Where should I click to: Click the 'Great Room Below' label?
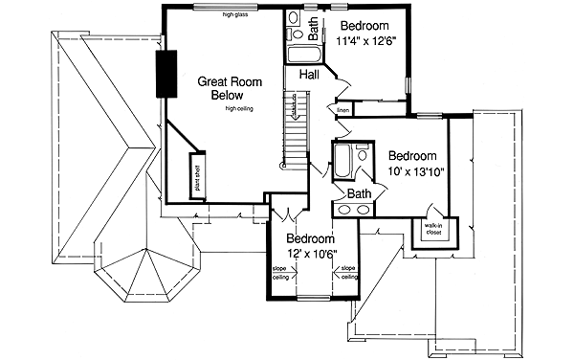[221, 88]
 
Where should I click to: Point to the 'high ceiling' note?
[243, 109]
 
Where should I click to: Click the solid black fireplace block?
[167, 73]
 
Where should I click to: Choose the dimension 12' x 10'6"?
[311, 254]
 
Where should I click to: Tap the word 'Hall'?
[309, 74]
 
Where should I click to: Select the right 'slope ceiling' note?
[348, 273]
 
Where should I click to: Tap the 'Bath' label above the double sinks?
[359, 193]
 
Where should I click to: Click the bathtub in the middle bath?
[342, 163]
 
